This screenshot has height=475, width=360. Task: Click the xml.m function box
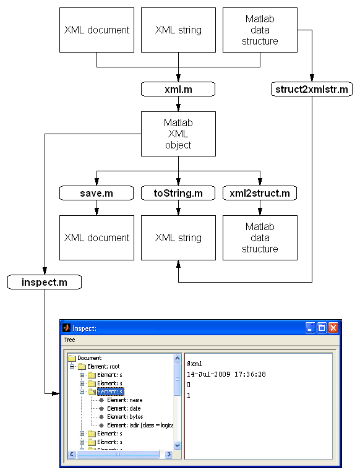point(178,90)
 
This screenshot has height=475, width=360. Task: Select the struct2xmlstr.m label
point(311,90)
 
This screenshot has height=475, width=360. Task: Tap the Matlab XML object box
point(178,134)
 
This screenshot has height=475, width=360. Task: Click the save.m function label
point(96,194)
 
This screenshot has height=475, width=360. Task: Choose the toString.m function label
point(178,194)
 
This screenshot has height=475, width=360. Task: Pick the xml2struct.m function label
point(260,194)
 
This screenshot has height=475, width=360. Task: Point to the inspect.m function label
point(45,283)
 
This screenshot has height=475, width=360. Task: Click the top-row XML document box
point(96,30)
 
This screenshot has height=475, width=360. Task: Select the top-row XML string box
point(178,30)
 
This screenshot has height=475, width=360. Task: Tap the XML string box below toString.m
point(178,237)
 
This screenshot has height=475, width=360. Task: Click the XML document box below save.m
point(96,237)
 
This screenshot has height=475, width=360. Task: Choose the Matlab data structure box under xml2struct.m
point(260,237)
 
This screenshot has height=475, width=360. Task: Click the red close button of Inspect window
point(333,328)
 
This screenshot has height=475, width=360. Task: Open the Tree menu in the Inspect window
point(70,340)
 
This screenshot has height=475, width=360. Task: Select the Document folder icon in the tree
point(72,358)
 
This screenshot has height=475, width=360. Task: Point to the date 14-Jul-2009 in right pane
point(226,374)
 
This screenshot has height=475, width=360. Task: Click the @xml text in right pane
point(195,364)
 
